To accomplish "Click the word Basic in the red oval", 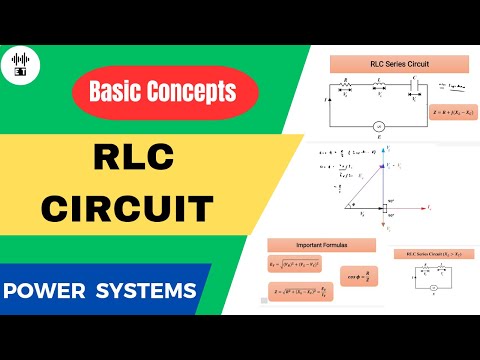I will tap(119, 93).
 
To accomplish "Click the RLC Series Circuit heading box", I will tap(393, 65).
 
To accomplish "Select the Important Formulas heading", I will tap(321, 244).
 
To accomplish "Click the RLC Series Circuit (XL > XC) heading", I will tap(434, 257).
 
